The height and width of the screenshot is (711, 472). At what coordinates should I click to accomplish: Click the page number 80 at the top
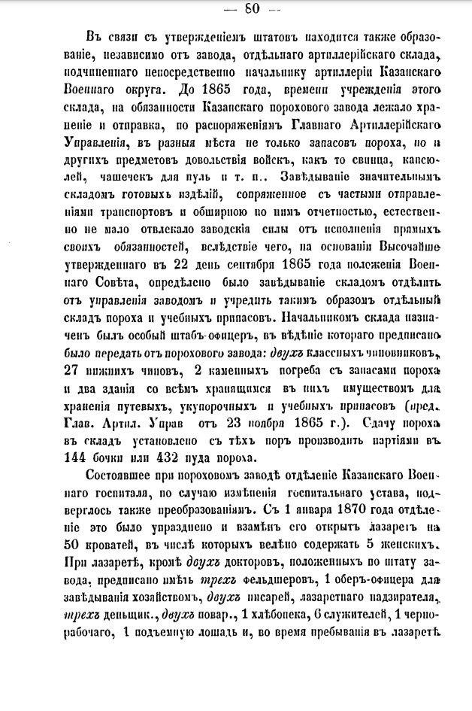point(235,9)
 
